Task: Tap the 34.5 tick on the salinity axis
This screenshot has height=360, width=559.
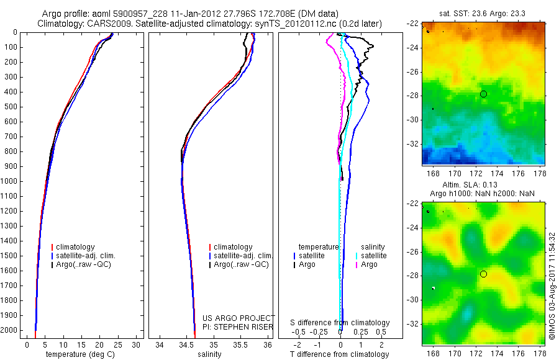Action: click(x=187, y=345)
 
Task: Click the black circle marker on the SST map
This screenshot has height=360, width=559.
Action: click(x=483, y=94)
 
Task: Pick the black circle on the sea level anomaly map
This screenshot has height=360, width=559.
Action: click(x=483, y=274)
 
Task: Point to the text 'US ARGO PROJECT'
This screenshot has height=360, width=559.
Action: click(x=238, y=318)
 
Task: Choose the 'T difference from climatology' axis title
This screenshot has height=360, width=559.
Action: click(x=340, y=355)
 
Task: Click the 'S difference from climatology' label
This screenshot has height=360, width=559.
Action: click(x=340, y=323)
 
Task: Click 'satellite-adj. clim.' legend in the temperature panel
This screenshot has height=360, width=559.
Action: click(x=91, y=256)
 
